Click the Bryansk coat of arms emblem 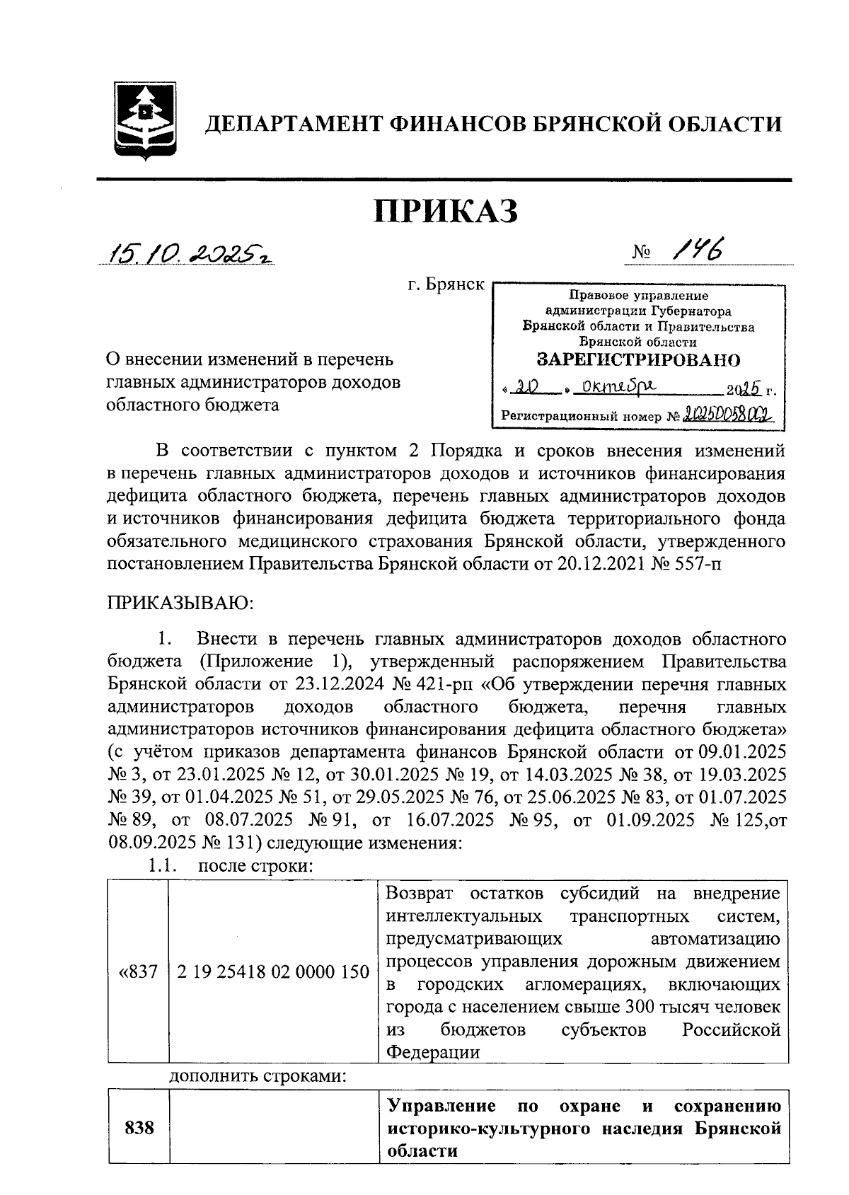(x=146, y=122)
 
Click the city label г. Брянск (x=446, y=285)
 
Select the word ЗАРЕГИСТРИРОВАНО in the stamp (x=638, y=360)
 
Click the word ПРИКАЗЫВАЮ (x=180, y=603)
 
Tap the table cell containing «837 (x=138, y=972)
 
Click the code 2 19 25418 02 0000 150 (x=273, y=972)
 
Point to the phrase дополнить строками (x=258, y=1077)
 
